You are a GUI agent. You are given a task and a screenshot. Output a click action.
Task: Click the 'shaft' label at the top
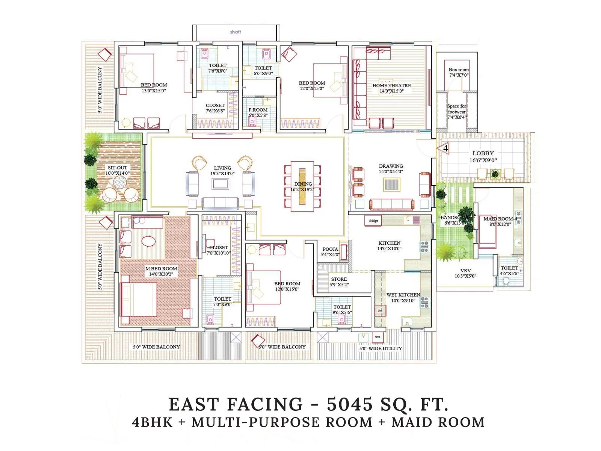236,32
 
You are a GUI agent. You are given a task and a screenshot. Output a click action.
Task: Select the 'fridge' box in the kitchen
373,221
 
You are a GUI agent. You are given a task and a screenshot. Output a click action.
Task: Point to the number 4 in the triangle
445,148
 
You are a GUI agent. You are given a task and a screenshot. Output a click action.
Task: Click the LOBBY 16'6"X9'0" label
483,156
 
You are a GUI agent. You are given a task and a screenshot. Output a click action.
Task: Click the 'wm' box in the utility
378,337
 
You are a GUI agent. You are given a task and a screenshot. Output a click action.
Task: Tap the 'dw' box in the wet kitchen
380,311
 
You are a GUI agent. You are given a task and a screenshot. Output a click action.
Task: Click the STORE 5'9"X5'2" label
339,282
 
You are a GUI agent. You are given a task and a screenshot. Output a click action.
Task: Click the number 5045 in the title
350,405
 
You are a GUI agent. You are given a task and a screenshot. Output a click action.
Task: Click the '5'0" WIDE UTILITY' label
381,348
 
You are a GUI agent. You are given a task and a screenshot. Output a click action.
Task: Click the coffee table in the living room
220,184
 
